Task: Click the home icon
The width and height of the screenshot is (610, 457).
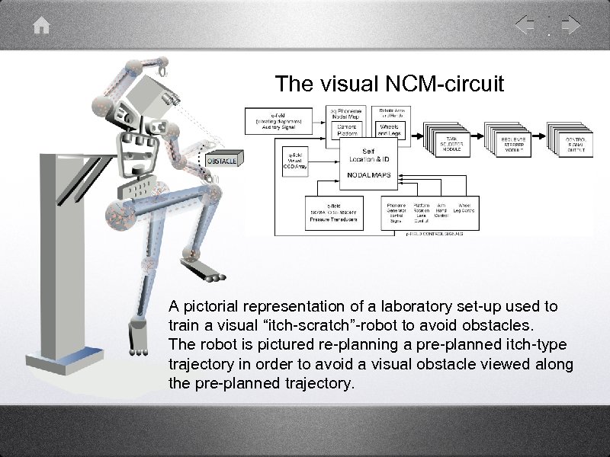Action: point(42,26)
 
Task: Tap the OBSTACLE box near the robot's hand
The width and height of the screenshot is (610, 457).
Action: point(223,161)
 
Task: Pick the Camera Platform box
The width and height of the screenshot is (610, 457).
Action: point(347,129)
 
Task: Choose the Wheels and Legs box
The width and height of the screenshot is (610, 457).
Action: point(394,129)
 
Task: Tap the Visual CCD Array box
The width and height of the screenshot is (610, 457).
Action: point(296,161)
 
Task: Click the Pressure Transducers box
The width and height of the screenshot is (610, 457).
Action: point(333,214)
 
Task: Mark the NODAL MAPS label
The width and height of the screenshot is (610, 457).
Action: point(368,174)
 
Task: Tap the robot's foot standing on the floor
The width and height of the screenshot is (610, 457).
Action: point(137,351)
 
